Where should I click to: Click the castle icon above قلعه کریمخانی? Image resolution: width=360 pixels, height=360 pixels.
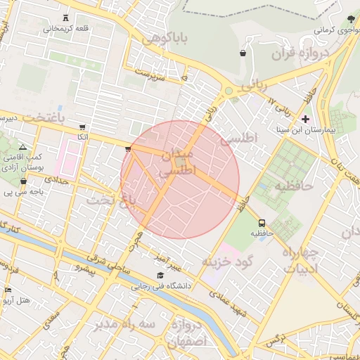[x=66, y=18]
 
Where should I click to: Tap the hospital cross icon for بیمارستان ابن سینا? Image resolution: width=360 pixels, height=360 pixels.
[x=304, y=119]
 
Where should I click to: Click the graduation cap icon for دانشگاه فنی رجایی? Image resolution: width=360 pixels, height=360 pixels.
[x=160, y=276]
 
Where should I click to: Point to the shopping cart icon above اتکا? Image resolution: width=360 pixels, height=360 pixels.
[x=82, y=127]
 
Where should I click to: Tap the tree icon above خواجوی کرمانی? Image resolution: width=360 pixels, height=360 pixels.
[x=351, y=18]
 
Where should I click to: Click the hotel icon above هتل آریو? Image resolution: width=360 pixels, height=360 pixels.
[x=8, y=290]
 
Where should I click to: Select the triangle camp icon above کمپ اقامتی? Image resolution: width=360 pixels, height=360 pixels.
[x=22, y=146]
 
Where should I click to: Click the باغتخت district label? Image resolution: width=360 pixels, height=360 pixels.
[x=42, y=117]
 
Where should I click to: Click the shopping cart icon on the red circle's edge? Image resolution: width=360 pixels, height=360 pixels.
[x=127, y=148]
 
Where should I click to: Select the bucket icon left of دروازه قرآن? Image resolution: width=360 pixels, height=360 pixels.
[x=243, y=53]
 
